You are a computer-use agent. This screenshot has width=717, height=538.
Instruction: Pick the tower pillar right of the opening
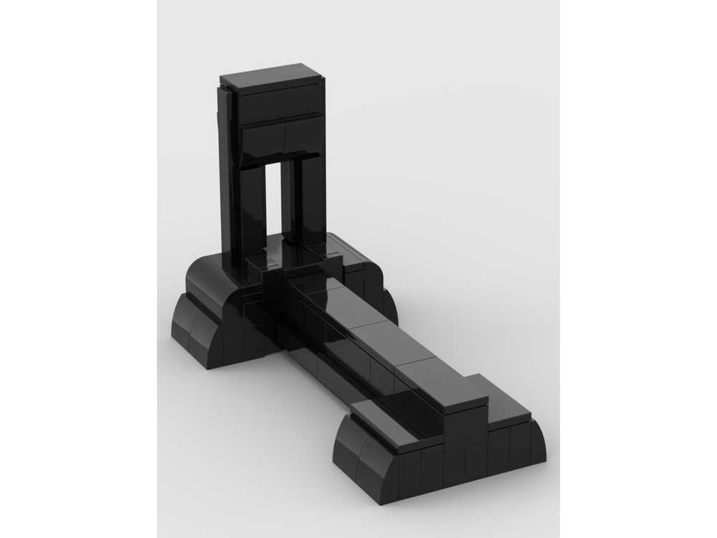click(x=300, y=201)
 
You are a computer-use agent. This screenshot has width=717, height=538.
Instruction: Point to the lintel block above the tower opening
click(x=280, y=139)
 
